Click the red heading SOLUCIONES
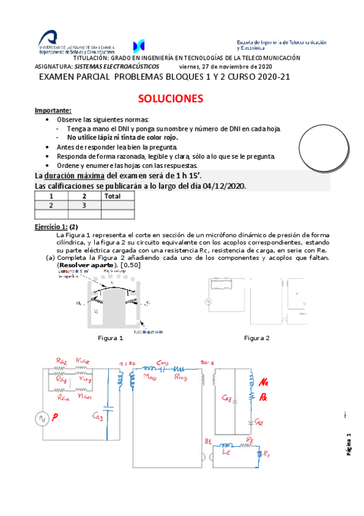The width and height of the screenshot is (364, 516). point(170,99)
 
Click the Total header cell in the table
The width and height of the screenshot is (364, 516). point(112,196)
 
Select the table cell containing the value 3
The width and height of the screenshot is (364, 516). point(84,205)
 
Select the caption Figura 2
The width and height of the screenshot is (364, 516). point(256,338)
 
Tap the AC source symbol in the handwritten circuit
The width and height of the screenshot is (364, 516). point(42,419)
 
